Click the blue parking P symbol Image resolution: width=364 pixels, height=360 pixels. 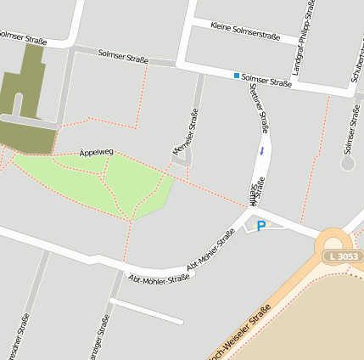[x=261, y=226]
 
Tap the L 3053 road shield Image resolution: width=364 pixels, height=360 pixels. [x=342, y=256]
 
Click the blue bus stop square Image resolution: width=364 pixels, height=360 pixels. [x=237, y=76]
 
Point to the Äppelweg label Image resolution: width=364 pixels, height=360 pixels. [x=96, y=152]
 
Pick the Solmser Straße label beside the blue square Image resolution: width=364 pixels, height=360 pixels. [x=266, y=82]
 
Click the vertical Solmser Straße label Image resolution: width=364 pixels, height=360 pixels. [x=348, y=127]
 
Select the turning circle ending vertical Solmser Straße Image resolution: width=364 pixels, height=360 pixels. [x=347, y=161]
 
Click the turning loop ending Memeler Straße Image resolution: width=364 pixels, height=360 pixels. [x=186, y=159]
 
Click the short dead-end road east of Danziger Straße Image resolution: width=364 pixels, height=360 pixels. [x=146, y=311]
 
